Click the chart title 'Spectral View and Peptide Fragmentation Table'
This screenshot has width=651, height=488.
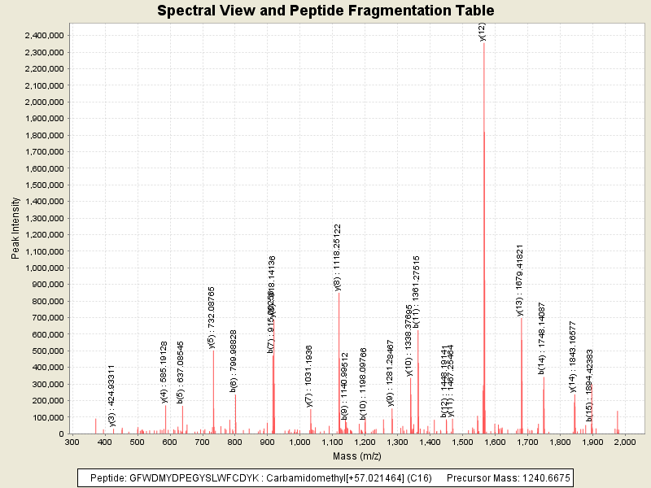(325, 11)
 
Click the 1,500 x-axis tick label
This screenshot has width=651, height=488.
(462, 442)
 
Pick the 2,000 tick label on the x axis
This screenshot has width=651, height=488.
(625, 442)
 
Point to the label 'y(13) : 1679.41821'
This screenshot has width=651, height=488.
(520, 279)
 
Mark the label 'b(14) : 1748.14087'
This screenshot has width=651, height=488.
(542, 338)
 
